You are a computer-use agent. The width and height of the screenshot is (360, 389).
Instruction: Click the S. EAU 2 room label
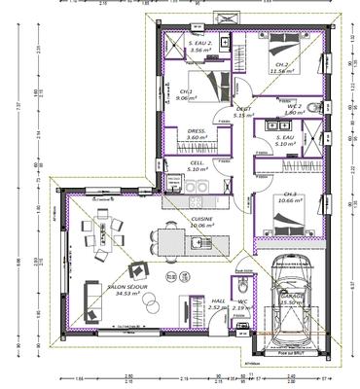(x=200, y=44)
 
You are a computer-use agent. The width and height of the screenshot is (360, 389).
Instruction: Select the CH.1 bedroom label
(x=189, y=91)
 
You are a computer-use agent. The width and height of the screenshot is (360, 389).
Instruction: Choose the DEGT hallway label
(x=244, y=109)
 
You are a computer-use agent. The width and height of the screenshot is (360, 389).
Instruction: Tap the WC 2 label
(x=293, y=106)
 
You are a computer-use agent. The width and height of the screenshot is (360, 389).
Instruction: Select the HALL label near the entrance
(x=218, y=301)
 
